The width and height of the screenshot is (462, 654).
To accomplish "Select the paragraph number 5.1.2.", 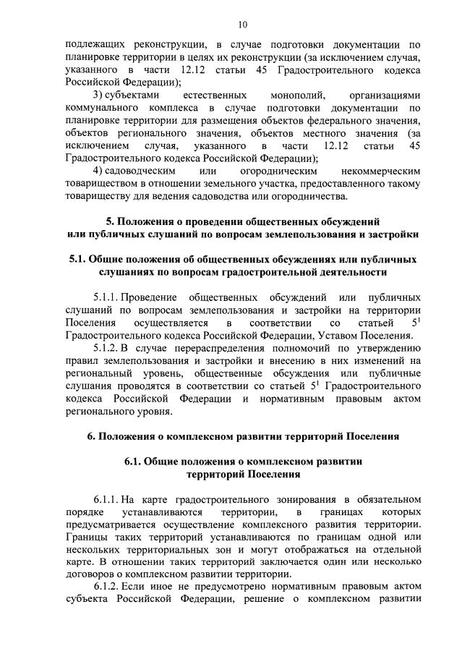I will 106,347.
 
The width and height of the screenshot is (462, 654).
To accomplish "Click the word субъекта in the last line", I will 87,599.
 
